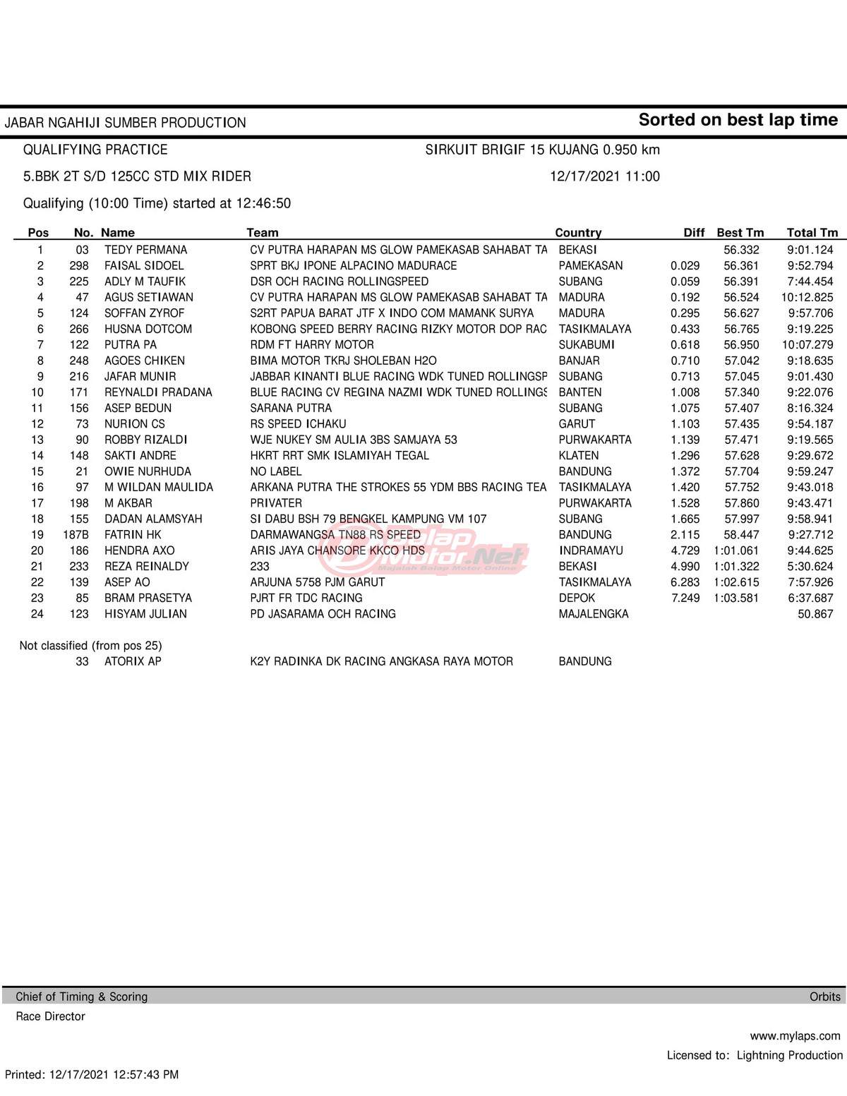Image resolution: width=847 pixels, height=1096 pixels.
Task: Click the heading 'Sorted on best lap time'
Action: tap(738, 120)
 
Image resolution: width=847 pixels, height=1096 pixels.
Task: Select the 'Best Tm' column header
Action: tap(740, 233)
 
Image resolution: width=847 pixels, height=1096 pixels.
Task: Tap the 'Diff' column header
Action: tap(694, 233)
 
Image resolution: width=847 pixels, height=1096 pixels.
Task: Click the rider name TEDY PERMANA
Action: tap(145, 250)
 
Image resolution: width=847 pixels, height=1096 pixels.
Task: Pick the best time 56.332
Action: tap(741, 250)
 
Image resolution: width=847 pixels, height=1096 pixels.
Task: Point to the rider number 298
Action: tap(79, 266)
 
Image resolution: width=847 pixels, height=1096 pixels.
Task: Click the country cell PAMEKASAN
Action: tap(590, 266)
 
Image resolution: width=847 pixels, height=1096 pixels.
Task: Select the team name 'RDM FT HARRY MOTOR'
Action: tap(312, 345)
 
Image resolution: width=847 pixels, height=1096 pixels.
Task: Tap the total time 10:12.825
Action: tap(807, 298)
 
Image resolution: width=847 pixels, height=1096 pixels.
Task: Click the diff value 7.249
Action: tap(685, 598)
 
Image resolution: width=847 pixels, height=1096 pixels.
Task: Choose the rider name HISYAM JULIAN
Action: tap(145, 614)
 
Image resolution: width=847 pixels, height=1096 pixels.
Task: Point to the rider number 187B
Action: tap(76, 535)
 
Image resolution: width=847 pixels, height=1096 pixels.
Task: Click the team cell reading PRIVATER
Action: tap(276, 503)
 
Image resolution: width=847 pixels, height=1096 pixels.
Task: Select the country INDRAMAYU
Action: tap(591, 550)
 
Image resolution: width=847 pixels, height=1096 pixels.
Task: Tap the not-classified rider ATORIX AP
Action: tap(133, 661)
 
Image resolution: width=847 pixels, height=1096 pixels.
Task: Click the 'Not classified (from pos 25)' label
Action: tap(90, 646)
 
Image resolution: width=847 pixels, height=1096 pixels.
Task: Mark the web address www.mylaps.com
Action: tap(795, 1036)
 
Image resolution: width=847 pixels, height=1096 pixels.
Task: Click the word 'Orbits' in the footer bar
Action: tap(824, 996)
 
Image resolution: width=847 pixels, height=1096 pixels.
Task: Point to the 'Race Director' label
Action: tap(50, 1016)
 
